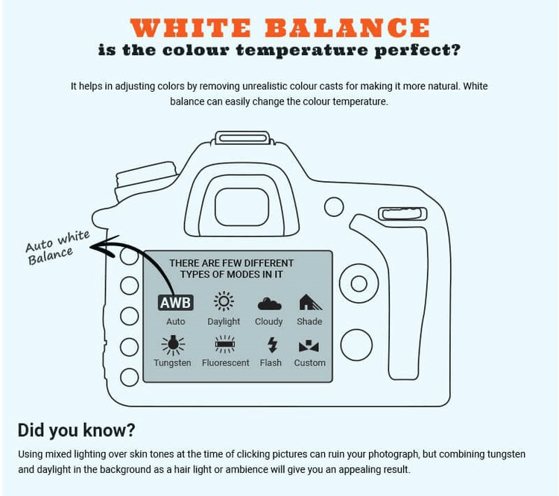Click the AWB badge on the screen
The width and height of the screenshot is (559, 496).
pyautogui.click(x=175, y=302)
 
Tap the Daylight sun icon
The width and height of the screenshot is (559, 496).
pyautogui.click(x=224, y=301)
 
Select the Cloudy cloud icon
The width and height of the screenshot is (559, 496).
pyautogui.click(x=268, y=303)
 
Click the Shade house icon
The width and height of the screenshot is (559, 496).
pyautogui.click(x=309, y=302)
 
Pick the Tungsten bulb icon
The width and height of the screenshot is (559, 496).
pyautogui.click(x=172, y=344)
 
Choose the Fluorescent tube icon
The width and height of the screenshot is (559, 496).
pyautogui.click(x=225, y=344)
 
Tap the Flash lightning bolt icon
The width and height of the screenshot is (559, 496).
pyautogui.click(x=271, y=345)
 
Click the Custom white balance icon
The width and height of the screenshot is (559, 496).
pyautogui.click(x=309, y=345)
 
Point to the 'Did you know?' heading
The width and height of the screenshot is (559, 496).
pyautogui.click(x=75, y=430)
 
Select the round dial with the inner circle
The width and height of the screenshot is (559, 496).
pyautogui.click(x=358, y=283)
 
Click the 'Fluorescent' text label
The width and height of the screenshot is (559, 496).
pyautogui.click(x=225, y=362)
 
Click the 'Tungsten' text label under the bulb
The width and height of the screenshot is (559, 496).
pyautogui.click(x=172, y=362)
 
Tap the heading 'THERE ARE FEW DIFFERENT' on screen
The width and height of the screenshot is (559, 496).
pyautogui.click(x=231, y=263)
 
